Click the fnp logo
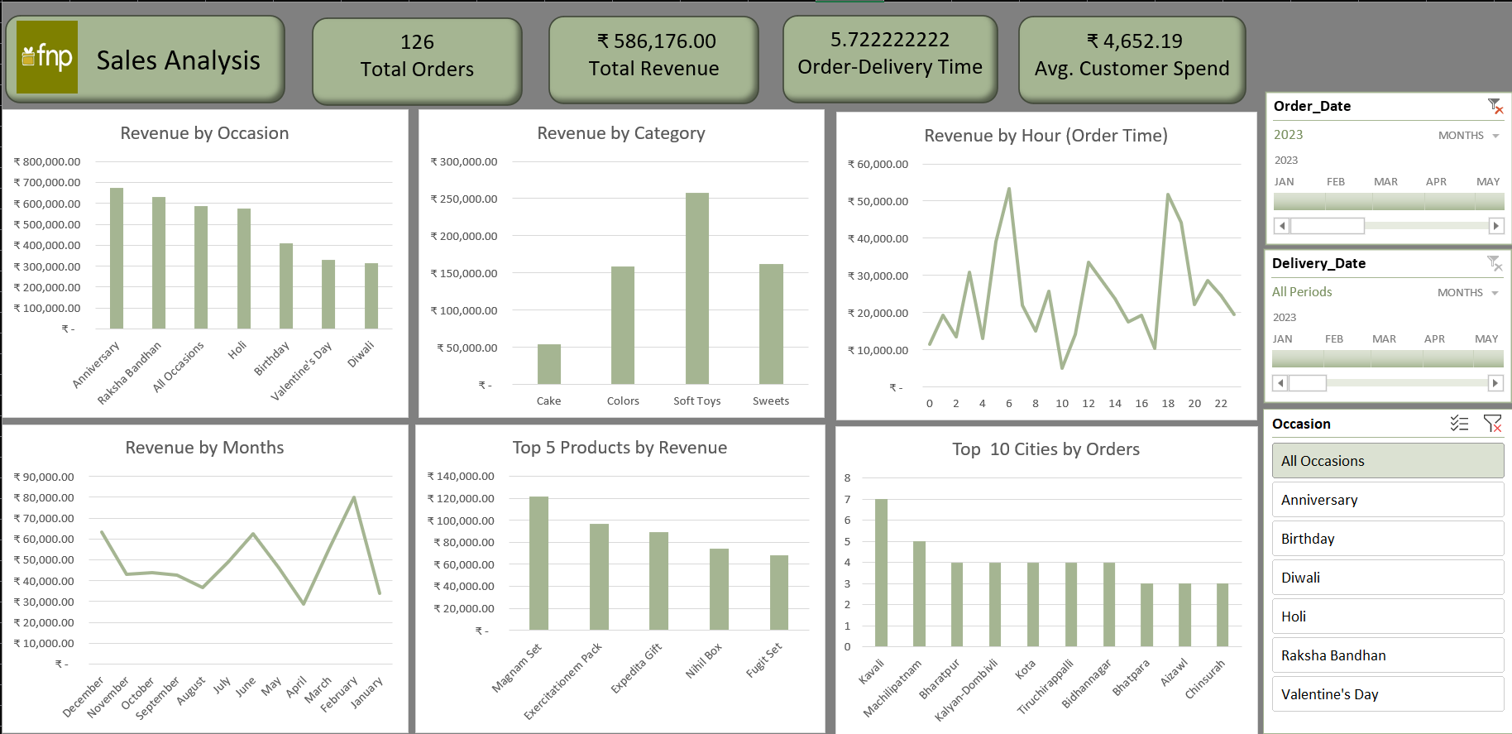tap(47, 57)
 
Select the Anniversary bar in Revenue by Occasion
tap(117, 258)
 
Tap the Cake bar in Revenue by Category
tap(549, 364)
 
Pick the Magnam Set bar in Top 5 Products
tap(538, 563)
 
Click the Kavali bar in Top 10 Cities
tap(881, 573)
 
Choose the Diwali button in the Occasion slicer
tap(1387, 578)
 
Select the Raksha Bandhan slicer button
tap(1387, 655)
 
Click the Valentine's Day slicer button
tap(1387, 694)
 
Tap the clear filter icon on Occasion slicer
tap(1492, 424)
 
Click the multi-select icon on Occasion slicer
tap(1459, 424)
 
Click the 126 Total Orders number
tap(417, 42)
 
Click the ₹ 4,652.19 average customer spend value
tap(1134, 41)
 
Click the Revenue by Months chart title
tap(204, 448)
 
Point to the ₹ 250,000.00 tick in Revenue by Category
tap(464, 199)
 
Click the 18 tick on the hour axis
tap(1168, 404)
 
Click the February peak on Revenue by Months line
tap(354, 497)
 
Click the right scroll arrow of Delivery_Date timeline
tap(1495, 382)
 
